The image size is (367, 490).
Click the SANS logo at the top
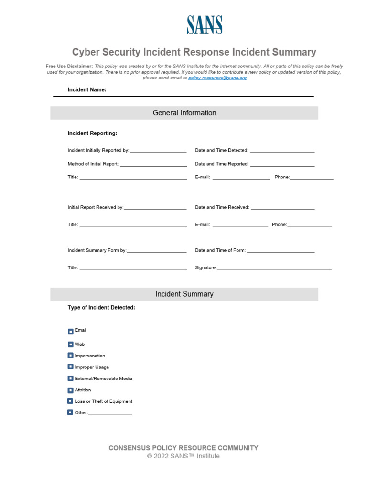click(204, 25)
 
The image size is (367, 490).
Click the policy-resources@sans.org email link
click(217, 78)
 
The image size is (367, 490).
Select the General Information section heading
click(184, 113)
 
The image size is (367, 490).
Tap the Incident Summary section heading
click(184, 294)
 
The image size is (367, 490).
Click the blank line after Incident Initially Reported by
click(158, 151)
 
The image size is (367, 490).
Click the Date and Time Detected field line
click(282, 151)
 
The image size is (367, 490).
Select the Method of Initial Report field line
click(153, 164)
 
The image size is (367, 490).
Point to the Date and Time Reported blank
click(282, 164)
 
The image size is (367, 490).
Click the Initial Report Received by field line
click(155, 208)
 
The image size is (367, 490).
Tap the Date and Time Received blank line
click(282, 208)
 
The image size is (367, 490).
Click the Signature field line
click(274, 268)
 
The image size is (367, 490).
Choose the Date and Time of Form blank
click(281, 251)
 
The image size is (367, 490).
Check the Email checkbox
click(71, 331)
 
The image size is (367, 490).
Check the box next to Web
click(71, 344)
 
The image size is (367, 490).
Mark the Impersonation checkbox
click(71, 356)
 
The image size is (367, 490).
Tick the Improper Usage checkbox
click(71, 367)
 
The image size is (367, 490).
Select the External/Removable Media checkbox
click(71, 379)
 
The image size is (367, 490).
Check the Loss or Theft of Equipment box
click(71, 401)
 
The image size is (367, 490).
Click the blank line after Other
click(110, 413)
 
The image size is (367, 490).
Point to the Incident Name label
click(87, 89)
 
